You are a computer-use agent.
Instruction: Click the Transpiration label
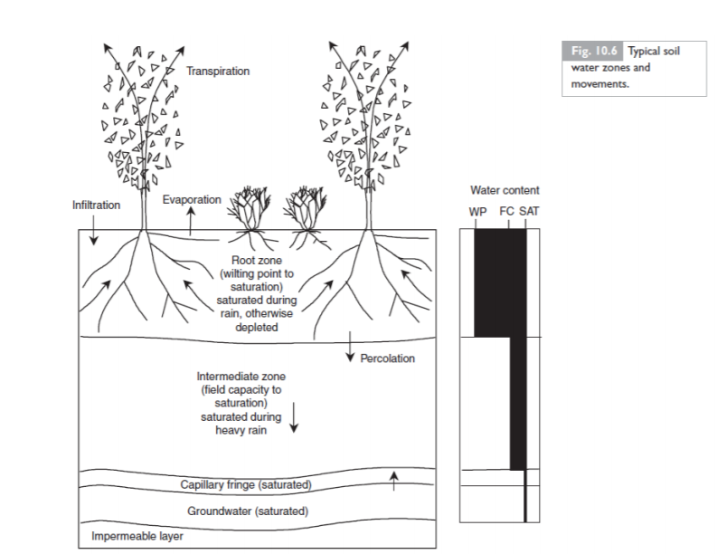tap(218, 71)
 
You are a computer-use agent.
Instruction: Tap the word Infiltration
tap(96, 205)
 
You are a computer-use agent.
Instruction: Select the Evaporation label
tap(192, 200)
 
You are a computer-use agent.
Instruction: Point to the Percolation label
tap(387, 358)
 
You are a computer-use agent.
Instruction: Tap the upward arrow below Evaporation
tap(191, 220)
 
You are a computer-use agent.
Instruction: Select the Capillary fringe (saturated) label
tap(246, 485)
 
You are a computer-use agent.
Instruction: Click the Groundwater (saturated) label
tap(247, 511)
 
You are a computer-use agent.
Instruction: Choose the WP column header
tap(477, 211)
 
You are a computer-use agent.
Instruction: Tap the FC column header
tap(506, 211)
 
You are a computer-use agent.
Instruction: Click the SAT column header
tap(529, 211)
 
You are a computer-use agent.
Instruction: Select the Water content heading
tap(505, 191)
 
